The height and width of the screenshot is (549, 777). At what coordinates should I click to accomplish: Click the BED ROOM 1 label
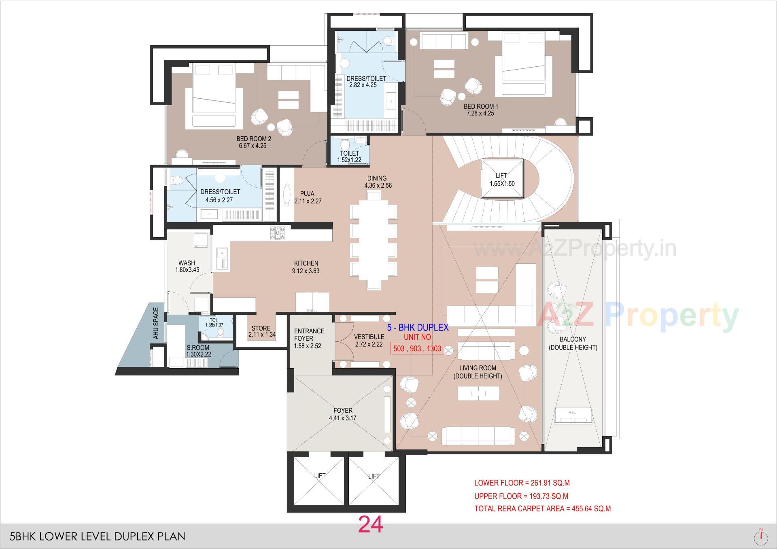[x=481, y=106]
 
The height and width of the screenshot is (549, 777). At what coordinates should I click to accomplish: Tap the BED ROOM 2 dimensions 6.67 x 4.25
[x=253, y=146]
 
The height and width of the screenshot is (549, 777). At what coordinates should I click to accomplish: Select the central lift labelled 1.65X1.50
[x=502, y=179]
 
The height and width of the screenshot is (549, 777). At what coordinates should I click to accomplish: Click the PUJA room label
[x=307, y=194]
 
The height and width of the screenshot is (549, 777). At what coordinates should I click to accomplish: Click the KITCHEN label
[x=306, y=263]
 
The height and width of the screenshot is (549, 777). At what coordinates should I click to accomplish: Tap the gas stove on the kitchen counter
[x=278, y=233]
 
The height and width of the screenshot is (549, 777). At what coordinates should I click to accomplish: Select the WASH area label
[x=187, y=263]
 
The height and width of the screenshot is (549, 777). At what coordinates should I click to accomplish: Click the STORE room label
[x=261, y=328]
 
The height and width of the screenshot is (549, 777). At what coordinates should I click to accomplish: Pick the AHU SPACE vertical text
[x=156, y=323]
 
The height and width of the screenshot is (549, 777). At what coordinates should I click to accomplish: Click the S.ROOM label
[x=198, y=348]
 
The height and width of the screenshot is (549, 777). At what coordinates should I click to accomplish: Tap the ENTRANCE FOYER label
[x=309, y=335]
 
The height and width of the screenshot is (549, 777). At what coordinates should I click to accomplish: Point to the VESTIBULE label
[x=369, y=337]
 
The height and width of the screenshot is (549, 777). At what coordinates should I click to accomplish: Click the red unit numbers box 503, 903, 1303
[x=417, y=348]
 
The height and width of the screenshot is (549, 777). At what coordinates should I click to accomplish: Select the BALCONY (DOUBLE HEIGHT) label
[x=573, y=343]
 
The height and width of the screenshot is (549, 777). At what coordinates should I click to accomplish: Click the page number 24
[x=370, y=525]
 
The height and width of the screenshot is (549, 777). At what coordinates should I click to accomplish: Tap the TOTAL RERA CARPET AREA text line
[x=542, y=509]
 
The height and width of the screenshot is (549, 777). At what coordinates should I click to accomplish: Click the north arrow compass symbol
[x=761, y=536]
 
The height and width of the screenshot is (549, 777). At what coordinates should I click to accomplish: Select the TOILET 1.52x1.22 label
[x=349, y=153]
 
